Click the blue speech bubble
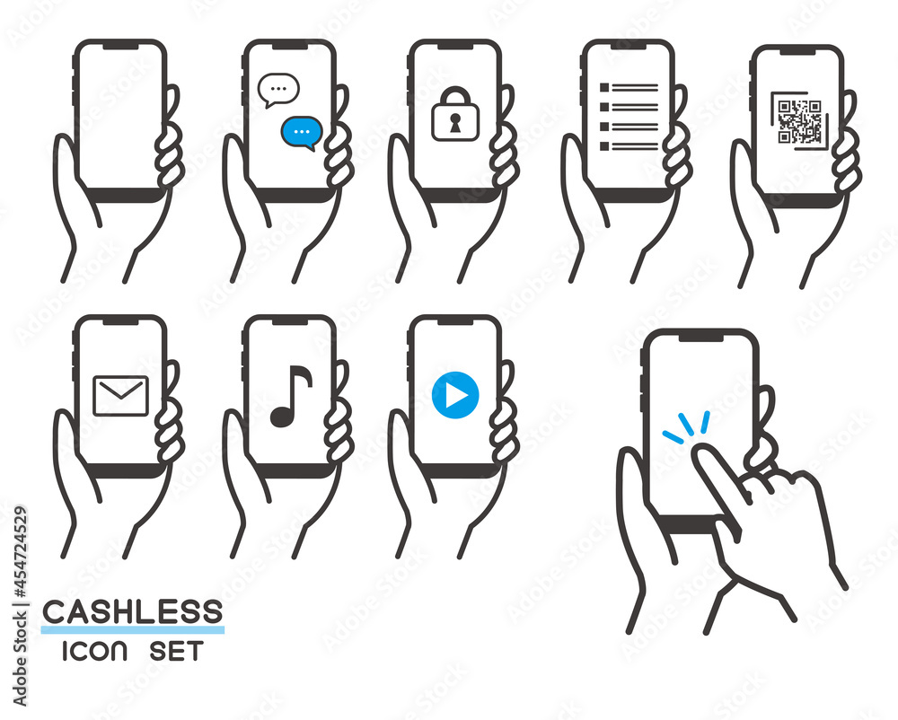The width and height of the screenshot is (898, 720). (x=301, y=133)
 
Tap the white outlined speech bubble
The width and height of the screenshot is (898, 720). (x=279, y=90)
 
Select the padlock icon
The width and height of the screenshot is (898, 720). (x=455, y=114)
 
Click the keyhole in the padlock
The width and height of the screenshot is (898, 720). (x=455, y=123)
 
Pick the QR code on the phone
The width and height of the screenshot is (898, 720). (x=800, y=122)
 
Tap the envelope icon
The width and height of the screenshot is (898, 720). (x=120, y=396)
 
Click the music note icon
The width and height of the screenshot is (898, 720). (x=291, y=396)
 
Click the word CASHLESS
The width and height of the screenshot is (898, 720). (x=132, y=612)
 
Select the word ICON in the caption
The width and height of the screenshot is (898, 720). (x=94, y=651)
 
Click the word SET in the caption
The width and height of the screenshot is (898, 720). (x=176, y=651)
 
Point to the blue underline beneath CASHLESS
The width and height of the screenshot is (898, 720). (x=132, y=629)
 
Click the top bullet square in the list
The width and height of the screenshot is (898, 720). (x=604, y=88)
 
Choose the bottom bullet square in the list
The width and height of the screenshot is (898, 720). (x=604, y=146)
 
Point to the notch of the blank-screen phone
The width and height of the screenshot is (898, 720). (x=120, y=45)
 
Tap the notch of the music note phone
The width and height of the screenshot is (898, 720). (x=289, y=320)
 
